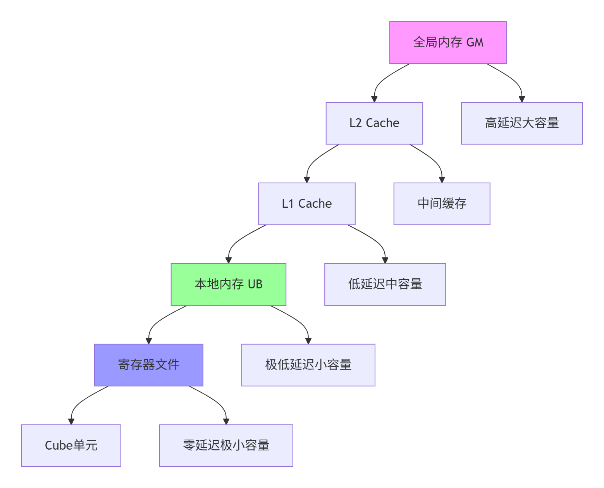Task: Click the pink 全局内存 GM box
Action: (448, 43)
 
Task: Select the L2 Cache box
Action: (374, 123)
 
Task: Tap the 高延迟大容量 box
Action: (521, 123)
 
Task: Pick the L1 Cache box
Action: (306, 204)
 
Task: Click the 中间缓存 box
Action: (442, 204)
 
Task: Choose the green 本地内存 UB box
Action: (228, 285)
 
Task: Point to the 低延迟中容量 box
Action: (385, 285)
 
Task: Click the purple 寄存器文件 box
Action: (148, 365)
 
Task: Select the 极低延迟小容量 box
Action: (308, 365)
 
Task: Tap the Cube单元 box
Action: (71, 446)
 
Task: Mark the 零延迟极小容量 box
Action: (226, 446)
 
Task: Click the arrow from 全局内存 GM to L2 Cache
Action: (381, 81)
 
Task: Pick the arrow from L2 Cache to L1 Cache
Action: (314, 162)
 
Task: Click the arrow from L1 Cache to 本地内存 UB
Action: (236, 243)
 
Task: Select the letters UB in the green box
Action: (255, 285)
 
